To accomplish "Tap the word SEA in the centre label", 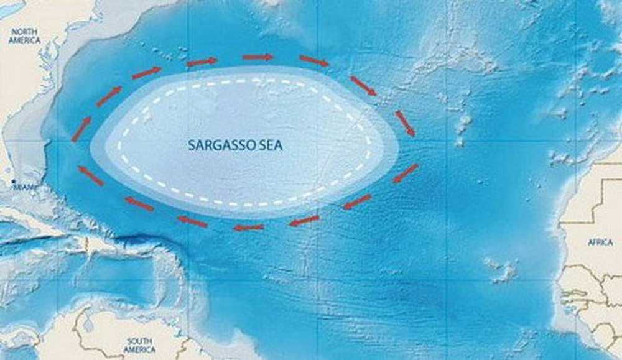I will [x=270, y=145].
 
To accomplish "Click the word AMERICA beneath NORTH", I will [x=24, y=40].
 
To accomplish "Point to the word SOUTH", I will [x=141, y=341].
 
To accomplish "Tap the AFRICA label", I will [x=600, y=242].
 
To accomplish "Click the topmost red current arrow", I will [x=258, y=57].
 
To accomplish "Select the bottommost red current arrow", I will [x=248, y=228].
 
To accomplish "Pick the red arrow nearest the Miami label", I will [x=91, y=175].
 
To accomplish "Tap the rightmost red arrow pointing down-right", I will [x=405, y=123].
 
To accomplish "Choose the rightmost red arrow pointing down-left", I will [x=405, y=173].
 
